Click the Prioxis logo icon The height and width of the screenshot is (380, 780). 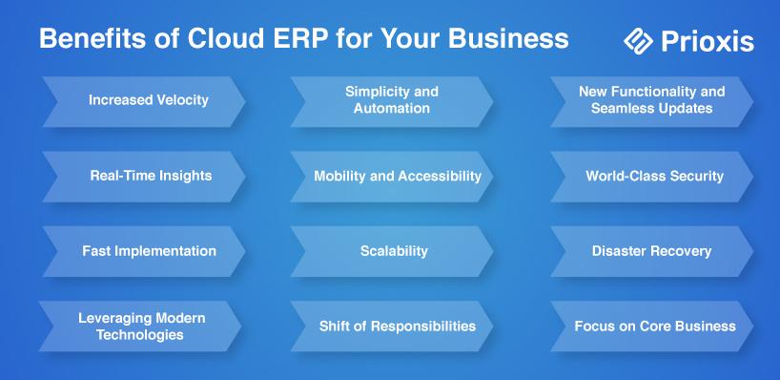pos(638,40)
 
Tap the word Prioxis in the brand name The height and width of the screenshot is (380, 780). pos(708,41)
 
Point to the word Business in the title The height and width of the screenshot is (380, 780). pos(508,38)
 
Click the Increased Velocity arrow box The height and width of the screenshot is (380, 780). pos(144,101)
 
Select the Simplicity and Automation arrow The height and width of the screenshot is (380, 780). pos(392,101)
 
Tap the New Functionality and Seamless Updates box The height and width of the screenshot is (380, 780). pos(651,101)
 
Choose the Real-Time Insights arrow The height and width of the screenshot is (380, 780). pos(144,177)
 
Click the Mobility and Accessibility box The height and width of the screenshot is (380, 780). pos(392,177)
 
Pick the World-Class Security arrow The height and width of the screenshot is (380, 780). pos(651,177)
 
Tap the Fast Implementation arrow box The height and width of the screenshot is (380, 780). pos(144,251)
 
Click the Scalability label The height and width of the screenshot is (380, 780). pos(394,251)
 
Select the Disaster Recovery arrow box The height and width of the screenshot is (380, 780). pos(651,251)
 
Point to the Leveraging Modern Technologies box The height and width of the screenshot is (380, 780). pos(140,327)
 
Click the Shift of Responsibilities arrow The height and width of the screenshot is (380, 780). pos(392,327)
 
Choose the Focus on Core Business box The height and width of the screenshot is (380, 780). pos(651,327)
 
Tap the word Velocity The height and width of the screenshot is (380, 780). pos(183,100)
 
